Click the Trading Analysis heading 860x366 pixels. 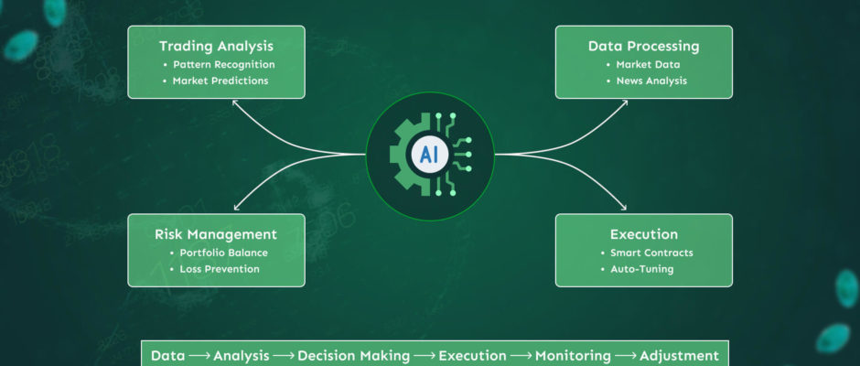pos(216,46)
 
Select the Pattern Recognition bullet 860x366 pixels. pos(224,65)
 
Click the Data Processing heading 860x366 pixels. pos(644,46)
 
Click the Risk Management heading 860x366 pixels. pos(216,235)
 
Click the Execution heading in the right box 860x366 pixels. pos(644,234)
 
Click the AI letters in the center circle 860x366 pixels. pos(429,156)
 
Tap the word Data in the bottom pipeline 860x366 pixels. pos(167,356)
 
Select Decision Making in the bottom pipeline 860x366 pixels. pos(354,356)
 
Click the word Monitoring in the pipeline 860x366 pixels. pos(573,356)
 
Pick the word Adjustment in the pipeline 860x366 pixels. pos(679,356)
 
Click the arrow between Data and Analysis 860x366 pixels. pos(199,356)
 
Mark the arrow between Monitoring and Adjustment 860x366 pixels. pos(625,356)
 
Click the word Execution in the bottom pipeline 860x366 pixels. pos(472,356)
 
